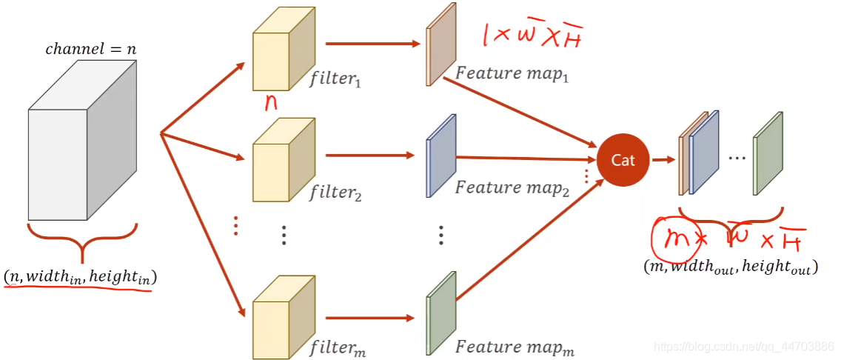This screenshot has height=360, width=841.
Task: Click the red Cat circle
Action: [623, 160]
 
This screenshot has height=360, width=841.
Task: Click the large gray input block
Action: [81, 148]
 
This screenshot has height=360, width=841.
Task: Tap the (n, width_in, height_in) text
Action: [81, 278]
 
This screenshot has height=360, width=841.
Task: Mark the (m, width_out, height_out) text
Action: [731, 267]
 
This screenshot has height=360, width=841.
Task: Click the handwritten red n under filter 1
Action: [271, 102]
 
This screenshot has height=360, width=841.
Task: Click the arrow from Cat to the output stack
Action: [663, 159]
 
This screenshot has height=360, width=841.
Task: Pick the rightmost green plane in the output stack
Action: [768, 155]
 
